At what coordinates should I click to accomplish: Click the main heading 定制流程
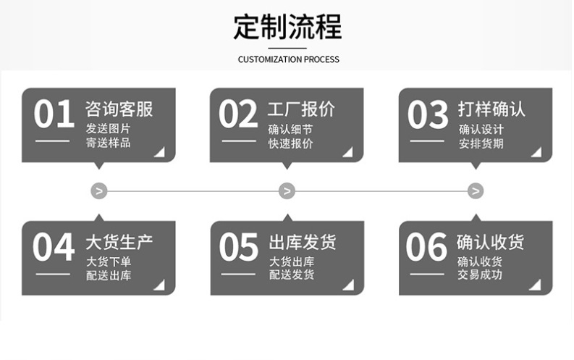coord(287,28)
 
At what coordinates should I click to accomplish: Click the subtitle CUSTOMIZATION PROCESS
coord(288,59)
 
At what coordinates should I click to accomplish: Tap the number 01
coord(54,115)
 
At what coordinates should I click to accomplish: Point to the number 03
coord(428,115)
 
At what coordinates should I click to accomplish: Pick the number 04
coord(54,248)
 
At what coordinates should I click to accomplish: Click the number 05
coord(239,248)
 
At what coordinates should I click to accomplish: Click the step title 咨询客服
coord(119,109)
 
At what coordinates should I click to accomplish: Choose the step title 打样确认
coord(491,109)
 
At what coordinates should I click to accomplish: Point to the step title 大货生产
coord(119,242)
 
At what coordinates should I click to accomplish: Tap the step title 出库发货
coord(303,242)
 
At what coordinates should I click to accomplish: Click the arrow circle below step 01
coord(99,191)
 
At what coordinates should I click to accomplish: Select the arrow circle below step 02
coord(287,191)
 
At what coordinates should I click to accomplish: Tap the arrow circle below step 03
coord(476,191)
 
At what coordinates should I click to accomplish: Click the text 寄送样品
coord(109,143)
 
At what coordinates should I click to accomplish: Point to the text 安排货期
coord(481,143)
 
